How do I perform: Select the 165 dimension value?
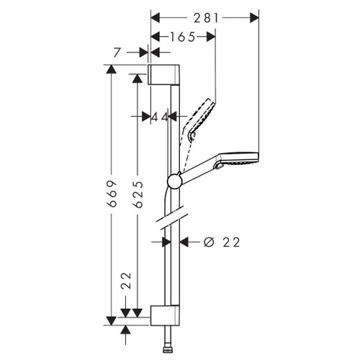tap(182, 37)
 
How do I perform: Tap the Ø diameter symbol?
tap(208, 243)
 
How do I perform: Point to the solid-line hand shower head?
tap(238, 159)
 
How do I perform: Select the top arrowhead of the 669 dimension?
tap(110, 69)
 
